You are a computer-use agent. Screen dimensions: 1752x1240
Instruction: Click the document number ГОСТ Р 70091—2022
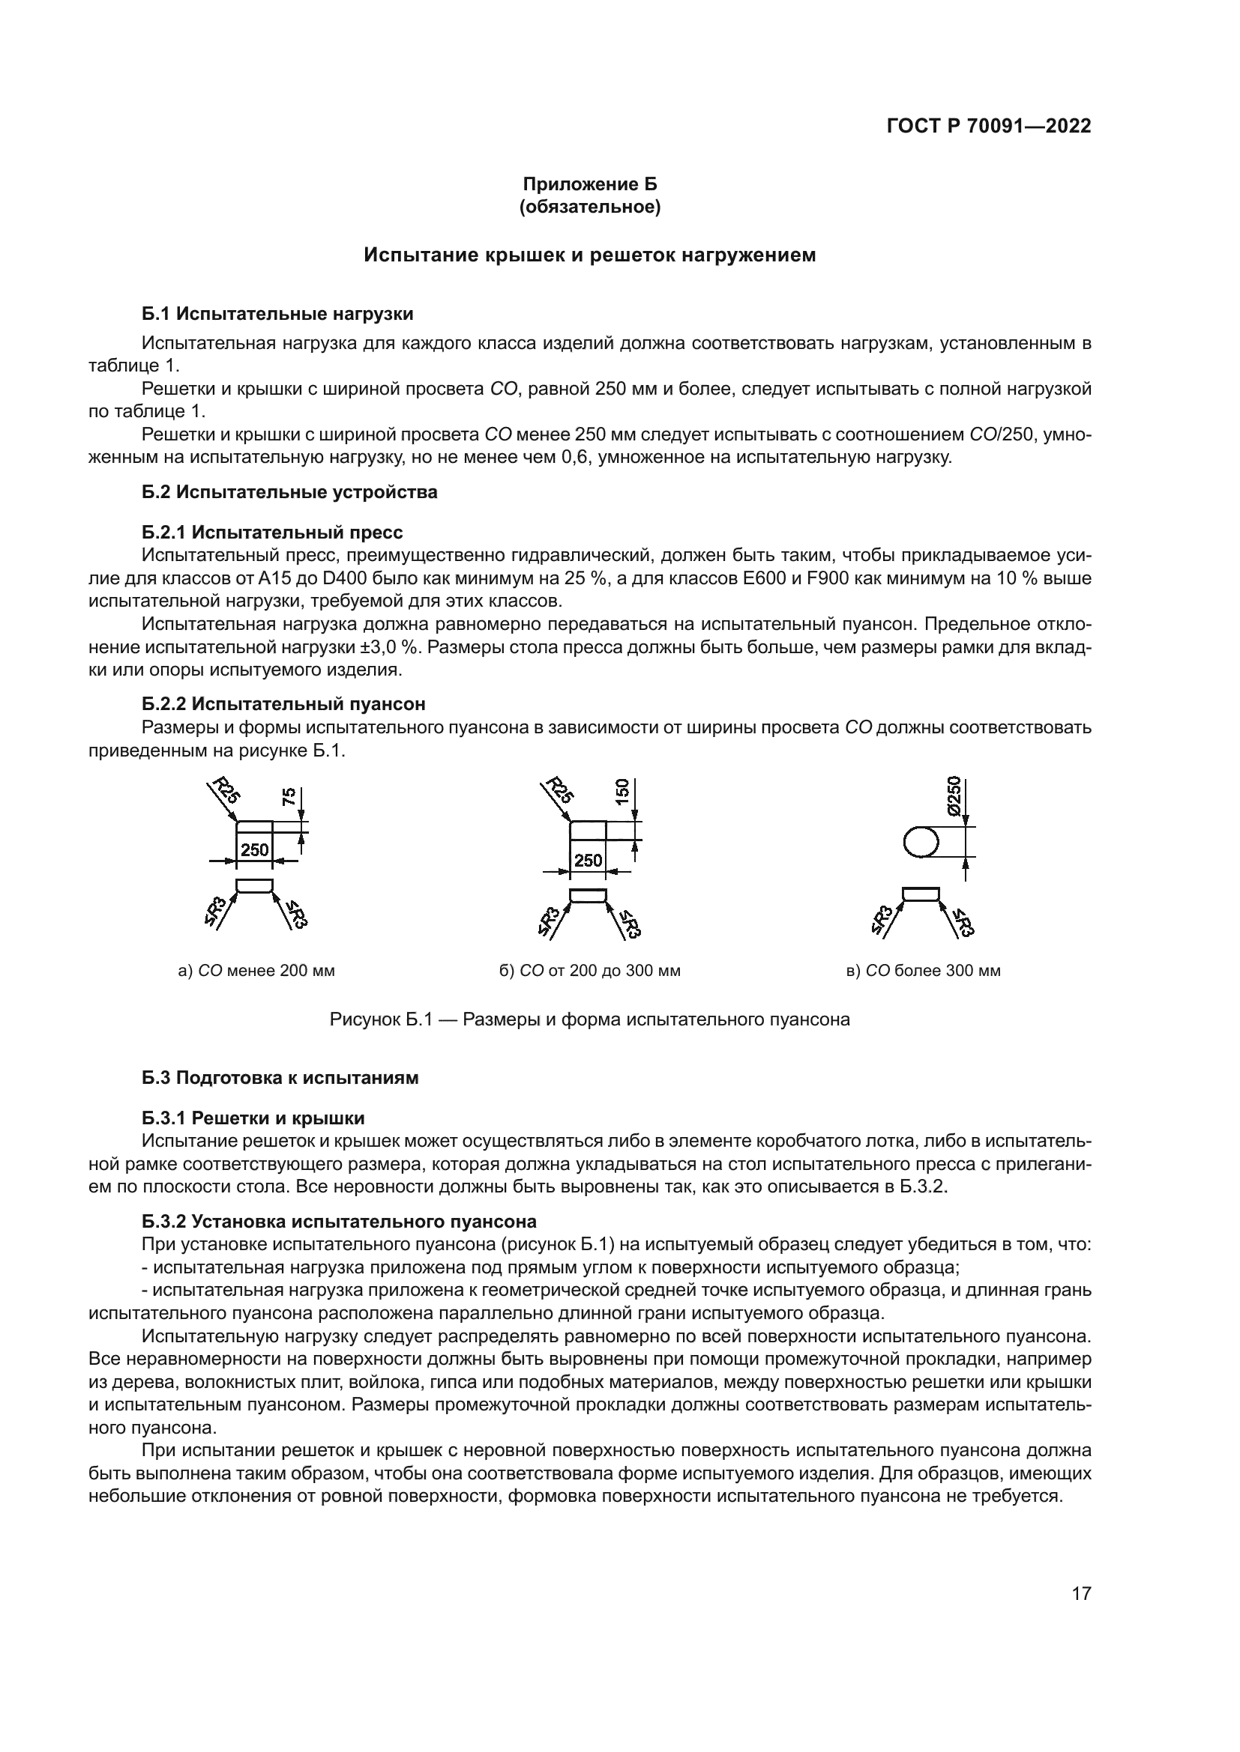(989, 127)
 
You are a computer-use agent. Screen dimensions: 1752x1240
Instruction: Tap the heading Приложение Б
(589, 184)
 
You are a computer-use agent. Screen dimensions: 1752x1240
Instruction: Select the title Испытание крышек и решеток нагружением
(589, 255)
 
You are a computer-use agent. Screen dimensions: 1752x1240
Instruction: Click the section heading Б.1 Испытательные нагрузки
(278, 314)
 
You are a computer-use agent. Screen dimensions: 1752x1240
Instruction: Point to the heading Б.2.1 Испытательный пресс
(273, 532)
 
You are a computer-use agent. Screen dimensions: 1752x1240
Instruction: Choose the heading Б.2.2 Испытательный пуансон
(284, 704)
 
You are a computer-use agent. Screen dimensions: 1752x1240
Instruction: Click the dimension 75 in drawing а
(289, 798)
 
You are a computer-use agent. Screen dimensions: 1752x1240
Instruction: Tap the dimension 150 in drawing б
(622, 791)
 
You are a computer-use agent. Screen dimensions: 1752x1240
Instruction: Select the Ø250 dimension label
(953, 797)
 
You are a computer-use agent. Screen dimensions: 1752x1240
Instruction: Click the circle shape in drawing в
(920, 843)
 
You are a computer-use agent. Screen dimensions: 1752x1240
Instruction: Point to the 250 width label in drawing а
(254, 849)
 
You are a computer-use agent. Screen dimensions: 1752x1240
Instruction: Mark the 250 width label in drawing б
(588, 861)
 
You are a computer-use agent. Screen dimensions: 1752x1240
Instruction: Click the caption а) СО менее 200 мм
(256, 971)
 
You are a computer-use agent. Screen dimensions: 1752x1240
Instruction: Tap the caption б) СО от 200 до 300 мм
(589, 971)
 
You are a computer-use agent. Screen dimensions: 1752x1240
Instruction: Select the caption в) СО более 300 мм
(923, 971)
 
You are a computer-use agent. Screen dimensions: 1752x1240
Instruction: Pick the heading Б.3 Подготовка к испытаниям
(280, 1078)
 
